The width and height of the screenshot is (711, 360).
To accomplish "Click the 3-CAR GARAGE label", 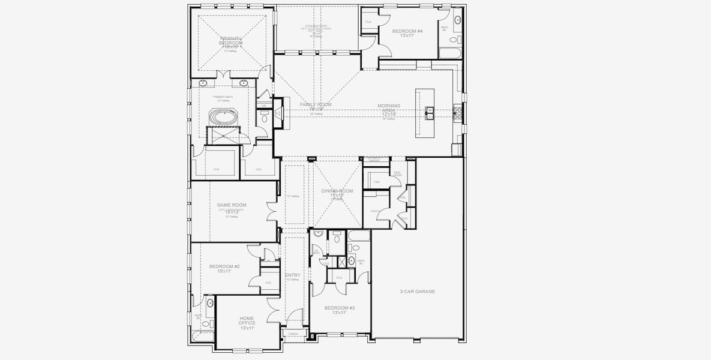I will [417, 292].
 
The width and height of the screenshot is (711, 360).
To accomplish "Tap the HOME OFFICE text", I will [247, 320].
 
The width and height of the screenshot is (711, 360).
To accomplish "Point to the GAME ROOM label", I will [232, 205].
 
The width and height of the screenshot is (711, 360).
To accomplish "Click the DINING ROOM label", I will [337, 191].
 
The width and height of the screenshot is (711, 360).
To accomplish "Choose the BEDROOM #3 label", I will [340, 308].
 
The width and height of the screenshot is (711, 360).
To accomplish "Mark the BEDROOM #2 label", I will [224, 266].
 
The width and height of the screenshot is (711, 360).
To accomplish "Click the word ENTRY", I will [292, 275].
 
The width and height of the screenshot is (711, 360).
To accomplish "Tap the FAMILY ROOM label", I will [316, 104].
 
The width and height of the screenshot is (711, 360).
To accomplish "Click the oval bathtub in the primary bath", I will [223, 117].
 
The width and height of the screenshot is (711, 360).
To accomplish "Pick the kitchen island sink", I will [430, 110].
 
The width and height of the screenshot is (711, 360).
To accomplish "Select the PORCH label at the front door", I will [293, 334].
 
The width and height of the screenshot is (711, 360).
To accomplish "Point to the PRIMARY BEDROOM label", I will [231, 41].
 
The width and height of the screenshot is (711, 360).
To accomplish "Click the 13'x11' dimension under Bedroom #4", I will [408, 36].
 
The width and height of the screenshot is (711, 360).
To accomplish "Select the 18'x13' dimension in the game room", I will [232, 211].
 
